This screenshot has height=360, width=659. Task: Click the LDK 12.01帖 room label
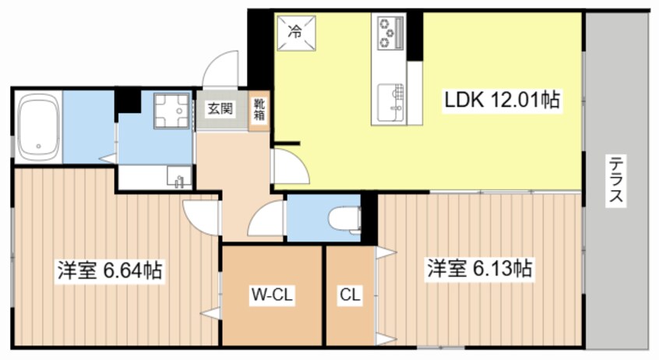click(502, 100)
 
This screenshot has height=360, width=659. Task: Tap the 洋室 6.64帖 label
click(110, 270)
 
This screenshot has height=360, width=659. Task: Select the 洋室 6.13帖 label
click(480, 268)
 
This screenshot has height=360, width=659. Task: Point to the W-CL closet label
click(272, 295)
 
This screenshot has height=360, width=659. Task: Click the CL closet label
click(350, 295)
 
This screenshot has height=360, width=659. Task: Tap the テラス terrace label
click(616, 178)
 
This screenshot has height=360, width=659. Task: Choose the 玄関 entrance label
click(220, 109)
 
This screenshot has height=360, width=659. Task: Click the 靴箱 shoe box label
click(259, 109)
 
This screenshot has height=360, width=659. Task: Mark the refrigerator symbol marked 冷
click(296, 33)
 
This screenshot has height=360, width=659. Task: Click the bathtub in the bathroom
click(38, 128)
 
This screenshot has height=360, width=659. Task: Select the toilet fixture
click(344, 219)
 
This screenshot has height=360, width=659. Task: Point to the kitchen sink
click(390, 102)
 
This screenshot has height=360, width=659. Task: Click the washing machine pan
click(172, 110)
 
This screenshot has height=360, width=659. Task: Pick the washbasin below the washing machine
click(179, 177)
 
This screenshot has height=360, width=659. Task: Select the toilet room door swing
click(266, 218)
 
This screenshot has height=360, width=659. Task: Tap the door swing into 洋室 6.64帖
click(202, 217)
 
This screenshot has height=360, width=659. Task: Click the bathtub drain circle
click(38, 146)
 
